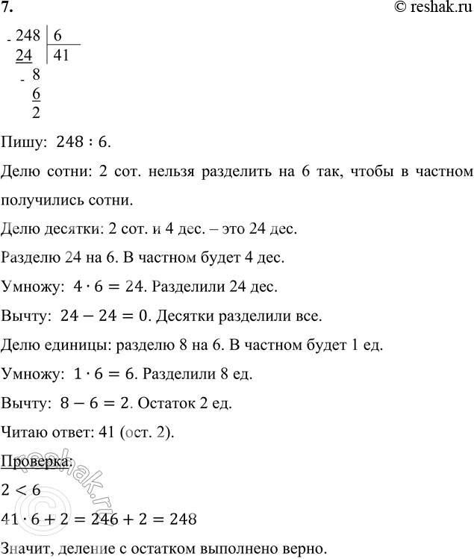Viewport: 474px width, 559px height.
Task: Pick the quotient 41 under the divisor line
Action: pyautogui.click(x=62, y=55)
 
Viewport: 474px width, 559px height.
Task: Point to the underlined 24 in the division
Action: pyautogui.click(x=25, y=55)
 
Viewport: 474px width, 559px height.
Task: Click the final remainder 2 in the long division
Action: pyautogui.click(x=37, y=113)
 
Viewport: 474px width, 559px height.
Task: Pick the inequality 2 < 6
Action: pyautogui.click(x=22, y=490)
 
